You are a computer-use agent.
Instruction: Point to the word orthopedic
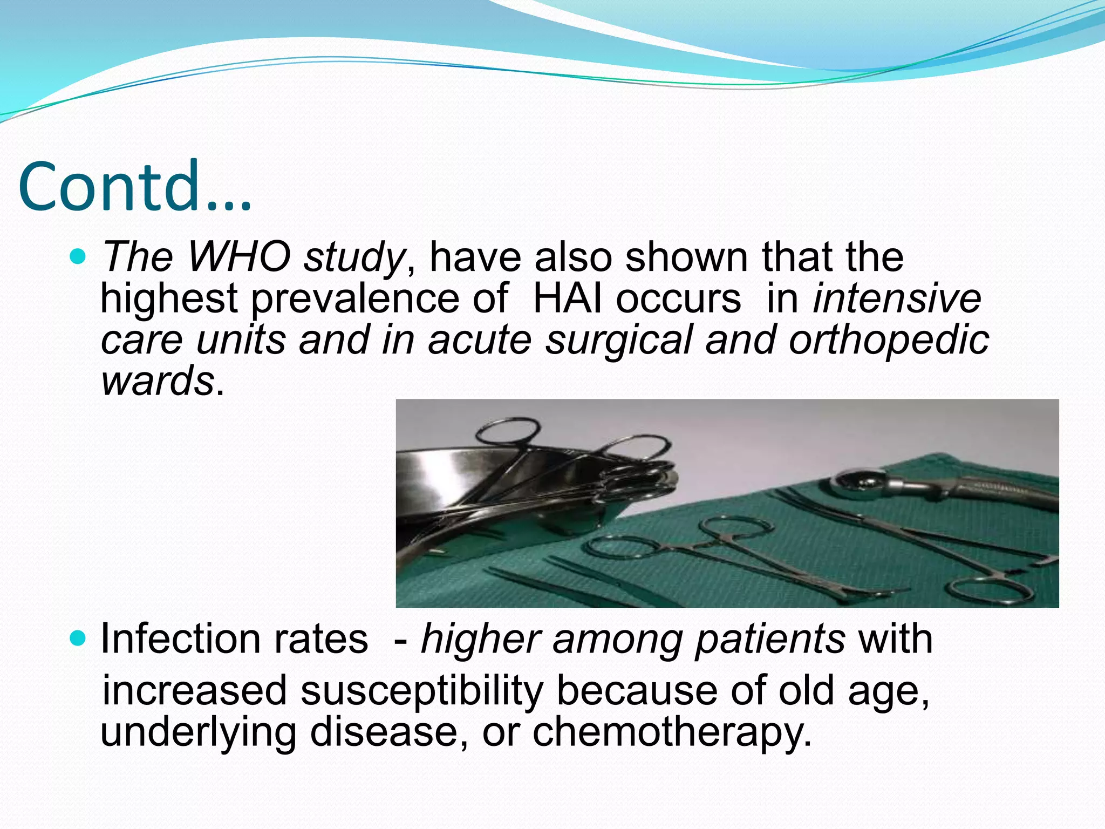point(889,341)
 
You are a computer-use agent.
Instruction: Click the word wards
point(158,381)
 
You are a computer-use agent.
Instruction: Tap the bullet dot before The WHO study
point(78,256)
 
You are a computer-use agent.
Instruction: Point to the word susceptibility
point(421,691)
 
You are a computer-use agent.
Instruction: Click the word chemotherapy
point(672,733)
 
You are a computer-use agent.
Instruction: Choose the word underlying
point(198,733)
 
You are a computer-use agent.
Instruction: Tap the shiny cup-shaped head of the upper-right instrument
point(858,480)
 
